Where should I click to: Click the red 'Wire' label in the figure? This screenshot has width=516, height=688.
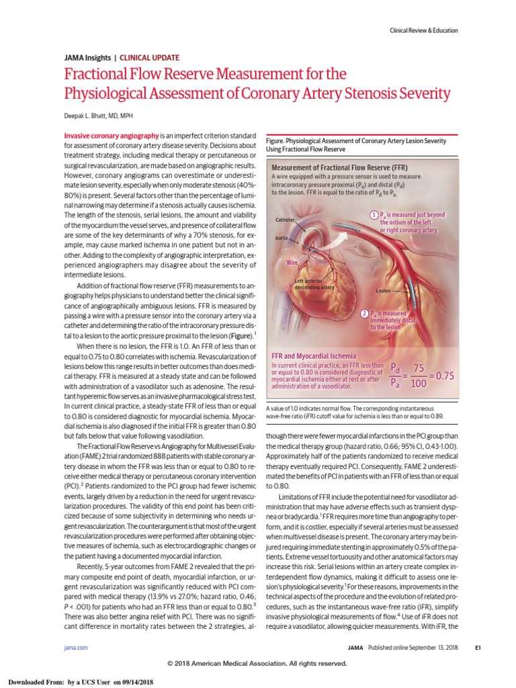pos(292,263)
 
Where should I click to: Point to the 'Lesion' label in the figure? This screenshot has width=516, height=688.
pos(384,292)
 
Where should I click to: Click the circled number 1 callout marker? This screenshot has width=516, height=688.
pos(374,214)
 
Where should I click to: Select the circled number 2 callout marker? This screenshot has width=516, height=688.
pos(364,313)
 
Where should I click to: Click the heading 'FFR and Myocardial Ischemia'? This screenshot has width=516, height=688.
pos(313,355)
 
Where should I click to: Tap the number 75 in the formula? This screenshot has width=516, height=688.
pos(419,368)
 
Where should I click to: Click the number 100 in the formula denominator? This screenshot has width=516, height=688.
pos(419,384)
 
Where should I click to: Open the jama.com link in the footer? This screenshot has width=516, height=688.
pos(63,647)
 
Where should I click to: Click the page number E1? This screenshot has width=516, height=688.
pos(478,647)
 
